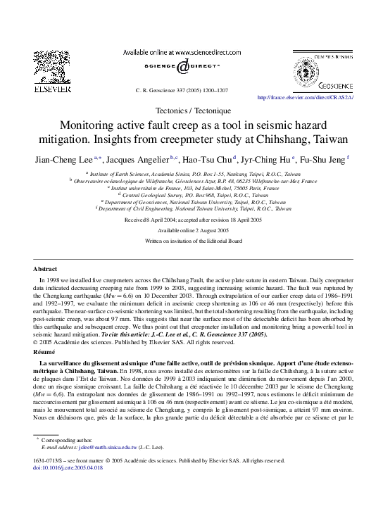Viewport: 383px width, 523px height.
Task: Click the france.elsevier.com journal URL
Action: tap(306, 98)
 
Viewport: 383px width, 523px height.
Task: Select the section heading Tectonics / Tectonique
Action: tap(191, 111)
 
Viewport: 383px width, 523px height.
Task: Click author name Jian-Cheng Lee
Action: tap(58, 159)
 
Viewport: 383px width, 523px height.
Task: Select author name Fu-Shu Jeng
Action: tap(323, 159)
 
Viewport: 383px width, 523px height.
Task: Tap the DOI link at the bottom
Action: tap(68, 467)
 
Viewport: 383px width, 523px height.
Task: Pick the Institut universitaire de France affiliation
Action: tap(191, 187)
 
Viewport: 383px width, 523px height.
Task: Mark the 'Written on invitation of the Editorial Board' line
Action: tap(191, 241)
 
